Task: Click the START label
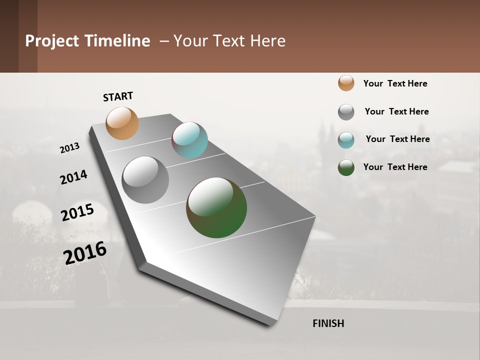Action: pos(118,96)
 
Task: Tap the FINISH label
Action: pos(328,323)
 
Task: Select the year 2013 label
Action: pos(70,147)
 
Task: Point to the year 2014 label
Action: pos(73,177)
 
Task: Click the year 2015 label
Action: pos(77,212)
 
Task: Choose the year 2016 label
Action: pos(85,252)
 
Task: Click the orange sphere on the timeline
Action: pos(122,123)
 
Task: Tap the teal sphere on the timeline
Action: pos(189,140)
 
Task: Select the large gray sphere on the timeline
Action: pos(145,180)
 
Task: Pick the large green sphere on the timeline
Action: pos(216,207)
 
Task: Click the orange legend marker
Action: pos(346,83)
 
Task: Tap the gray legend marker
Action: pos(346,112)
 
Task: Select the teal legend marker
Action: pos(346,140)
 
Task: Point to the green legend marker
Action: pos(346,167)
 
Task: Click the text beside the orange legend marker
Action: pos(395,83)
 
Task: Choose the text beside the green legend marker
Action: pos(395,167)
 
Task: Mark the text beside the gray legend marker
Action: pos(396,111)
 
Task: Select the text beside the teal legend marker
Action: pos(397,139)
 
